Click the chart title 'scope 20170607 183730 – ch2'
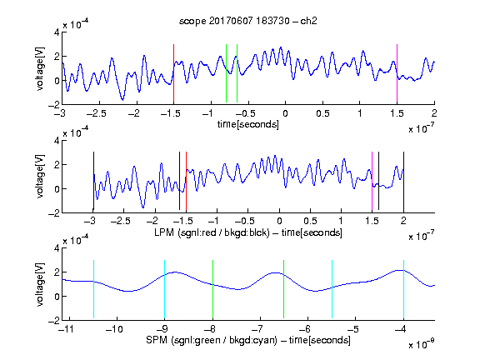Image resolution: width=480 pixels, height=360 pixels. [x=248, y=21]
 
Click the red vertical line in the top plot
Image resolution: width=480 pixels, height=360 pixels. [x=173, y=73]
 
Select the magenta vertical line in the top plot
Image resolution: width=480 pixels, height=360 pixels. [x=397, y=73]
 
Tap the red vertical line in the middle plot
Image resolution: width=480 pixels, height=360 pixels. [x=186, y=181]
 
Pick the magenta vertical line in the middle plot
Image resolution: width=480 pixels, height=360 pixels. [x=372, y=181]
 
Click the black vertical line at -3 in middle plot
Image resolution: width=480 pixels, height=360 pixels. [x=93, y=181]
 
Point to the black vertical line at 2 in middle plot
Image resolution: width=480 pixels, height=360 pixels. [x=403, y=181]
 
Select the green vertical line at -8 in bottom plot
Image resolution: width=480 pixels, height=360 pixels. [x=212, y=289]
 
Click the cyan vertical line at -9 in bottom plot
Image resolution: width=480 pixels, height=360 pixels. [x=164, y=289]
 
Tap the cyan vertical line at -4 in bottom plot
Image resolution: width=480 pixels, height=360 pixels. [x=403, y=289]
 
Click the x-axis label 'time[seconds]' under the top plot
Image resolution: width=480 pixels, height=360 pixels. [x=248, y=124]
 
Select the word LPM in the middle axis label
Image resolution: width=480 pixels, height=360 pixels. [x=164, y=232]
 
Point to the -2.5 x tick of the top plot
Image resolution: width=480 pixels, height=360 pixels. [x=96, y=113]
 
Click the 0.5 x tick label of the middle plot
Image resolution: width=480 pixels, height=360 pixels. [x=310, y=221]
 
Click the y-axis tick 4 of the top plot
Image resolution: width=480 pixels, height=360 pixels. [x=57, y=32]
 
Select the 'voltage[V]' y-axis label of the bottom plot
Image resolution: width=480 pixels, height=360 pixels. [x=40, y=285]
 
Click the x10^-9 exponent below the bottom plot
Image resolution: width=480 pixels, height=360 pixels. [x=422, y=343]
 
